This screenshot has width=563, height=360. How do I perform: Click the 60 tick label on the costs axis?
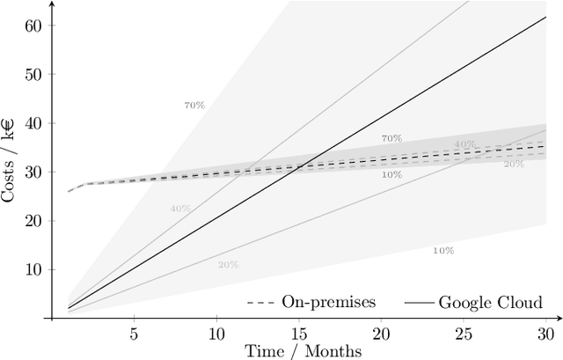click(x=33, y=26)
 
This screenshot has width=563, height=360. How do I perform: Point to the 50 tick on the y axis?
click(x=33, y=75)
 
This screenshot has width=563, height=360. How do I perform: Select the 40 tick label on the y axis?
click(x=33, y=124)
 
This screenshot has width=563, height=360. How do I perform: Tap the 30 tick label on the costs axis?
click(x=33, y=173)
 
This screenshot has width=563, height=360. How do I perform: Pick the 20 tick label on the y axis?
click(x=33, y=221)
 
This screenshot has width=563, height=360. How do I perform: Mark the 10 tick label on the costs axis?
click(x=33, y=269)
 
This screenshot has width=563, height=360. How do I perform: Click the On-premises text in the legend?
click(x=328, y=302)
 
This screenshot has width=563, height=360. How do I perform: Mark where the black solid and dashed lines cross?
click(x=294, y=166)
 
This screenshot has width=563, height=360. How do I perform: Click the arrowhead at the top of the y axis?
click(x=51, y=4)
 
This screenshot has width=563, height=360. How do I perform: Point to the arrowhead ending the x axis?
click(x=559, y=318)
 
